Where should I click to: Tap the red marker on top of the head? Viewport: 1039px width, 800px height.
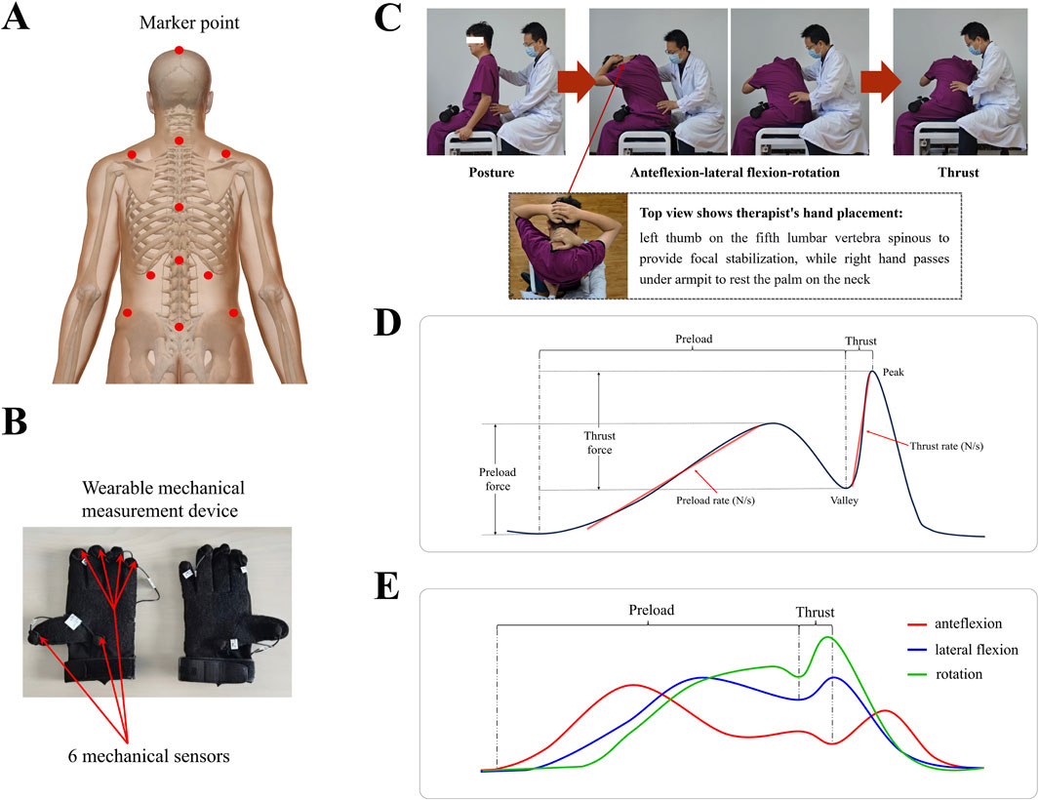point(178,51)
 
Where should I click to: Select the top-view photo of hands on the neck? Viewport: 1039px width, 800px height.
point(567,243)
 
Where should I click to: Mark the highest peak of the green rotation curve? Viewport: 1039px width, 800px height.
point(829,637)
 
